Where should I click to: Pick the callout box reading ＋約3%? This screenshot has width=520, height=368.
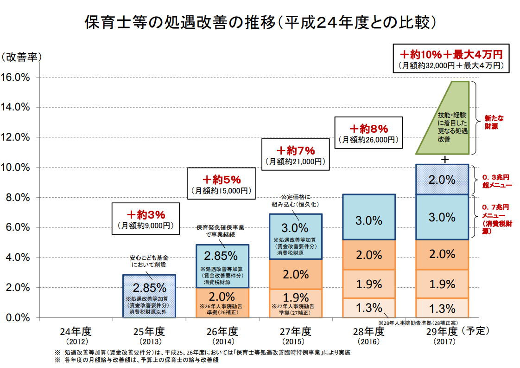pyautogui.click(x=146, y=220)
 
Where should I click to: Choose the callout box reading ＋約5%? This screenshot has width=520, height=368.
pyautogui.click(x=222, y=184)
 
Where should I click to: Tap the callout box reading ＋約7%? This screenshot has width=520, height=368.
pyautogui.click(x=296, y=155)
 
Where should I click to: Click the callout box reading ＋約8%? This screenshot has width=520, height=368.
pyautogui.click(x=368, y=133)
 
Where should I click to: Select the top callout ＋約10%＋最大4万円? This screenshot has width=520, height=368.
pyautogui.click(x=451, y=58)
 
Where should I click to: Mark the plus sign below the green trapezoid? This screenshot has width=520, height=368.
pyautogui.click(x=445, y=159)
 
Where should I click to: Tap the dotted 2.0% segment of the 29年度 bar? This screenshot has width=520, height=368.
pyautogui.click(x=443, y=180)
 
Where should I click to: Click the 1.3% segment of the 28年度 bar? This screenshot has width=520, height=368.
pyautogui.click(x=369, y=308)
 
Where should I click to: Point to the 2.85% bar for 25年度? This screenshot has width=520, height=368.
pyautogui.click(x=149, y=296)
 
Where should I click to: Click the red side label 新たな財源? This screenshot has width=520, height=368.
pyautogui.click(x=492, y=122)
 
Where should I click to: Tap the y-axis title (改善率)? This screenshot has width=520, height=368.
pyautogui.click(x=21, y=58)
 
